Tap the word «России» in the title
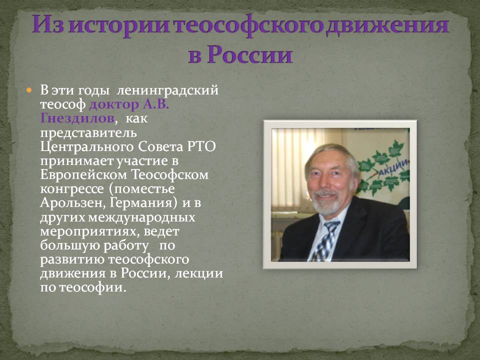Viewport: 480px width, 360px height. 249,54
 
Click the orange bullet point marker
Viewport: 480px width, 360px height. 29,90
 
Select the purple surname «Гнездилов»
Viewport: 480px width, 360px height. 77,118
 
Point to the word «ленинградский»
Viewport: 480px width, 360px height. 168,90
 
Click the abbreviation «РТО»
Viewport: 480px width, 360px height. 201,146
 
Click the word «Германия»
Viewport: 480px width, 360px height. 143,203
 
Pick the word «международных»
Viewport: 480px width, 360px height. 141,217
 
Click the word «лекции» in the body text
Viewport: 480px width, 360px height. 198,273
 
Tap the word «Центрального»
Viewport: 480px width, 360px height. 87,147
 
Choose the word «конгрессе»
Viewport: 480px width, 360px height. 72,189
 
